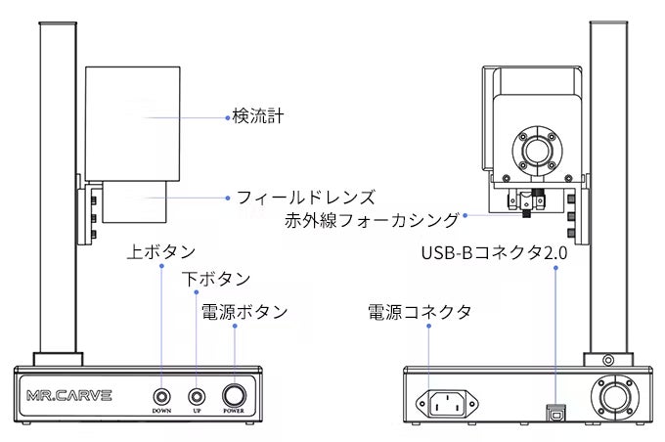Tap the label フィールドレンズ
[305, 197]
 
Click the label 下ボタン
[216, 280]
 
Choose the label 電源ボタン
[244, 312]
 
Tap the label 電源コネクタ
[420, 312]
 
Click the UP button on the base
[198, 396]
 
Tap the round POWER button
[236, 396]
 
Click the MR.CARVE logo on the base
[69, 396]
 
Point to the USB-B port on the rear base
[557, 410]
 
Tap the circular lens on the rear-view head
[537, 151]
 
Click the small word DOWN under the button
[161, 412]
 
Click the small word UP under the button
[198, 412]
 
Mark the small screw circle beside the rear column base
[610, 361]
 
